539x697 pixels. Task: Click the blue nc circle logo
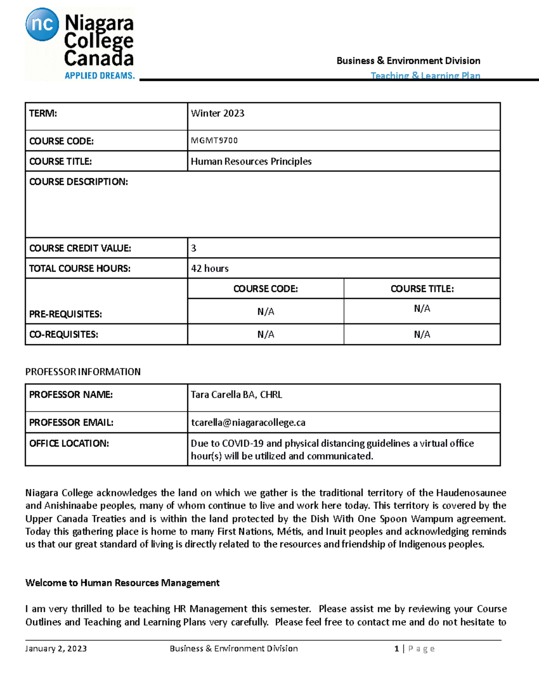point(42,24)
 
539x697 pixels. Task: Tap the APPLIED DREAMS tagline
point(99,75)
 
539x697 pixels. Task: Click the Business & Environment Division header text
point(408,61)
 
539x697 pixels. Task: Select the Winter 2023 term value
point(217,114)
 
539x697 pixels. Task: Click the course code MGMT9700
point(214,140)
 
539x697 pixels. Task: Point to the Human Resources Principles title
point(251,162)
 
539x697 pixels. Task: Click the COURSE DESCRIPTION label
point(79,182)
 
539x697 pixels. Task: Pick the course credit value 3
point(194,248)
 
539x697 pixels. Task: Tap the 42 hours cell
point(210,268)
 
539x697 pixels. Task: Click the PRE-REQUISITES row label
point(66,314)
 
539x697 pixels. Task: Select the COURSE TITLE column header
point(422,289)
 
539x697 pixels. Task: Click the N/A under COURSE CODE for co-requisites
point(265,334)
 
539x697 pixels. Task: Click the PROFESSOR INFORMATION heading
point(83,372)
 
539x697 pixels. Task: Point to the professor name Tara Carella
point(236,395)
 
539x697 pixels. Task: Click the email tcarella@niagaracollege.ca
point(248,422)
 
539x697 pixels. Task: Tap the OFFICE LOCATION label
point(69,443)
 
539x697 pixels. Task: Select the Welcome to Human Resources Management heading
point(122,583)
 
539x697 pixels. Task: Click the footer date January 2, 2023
point(56,649)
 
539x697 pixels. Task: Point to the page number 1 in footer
point(397,649)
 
